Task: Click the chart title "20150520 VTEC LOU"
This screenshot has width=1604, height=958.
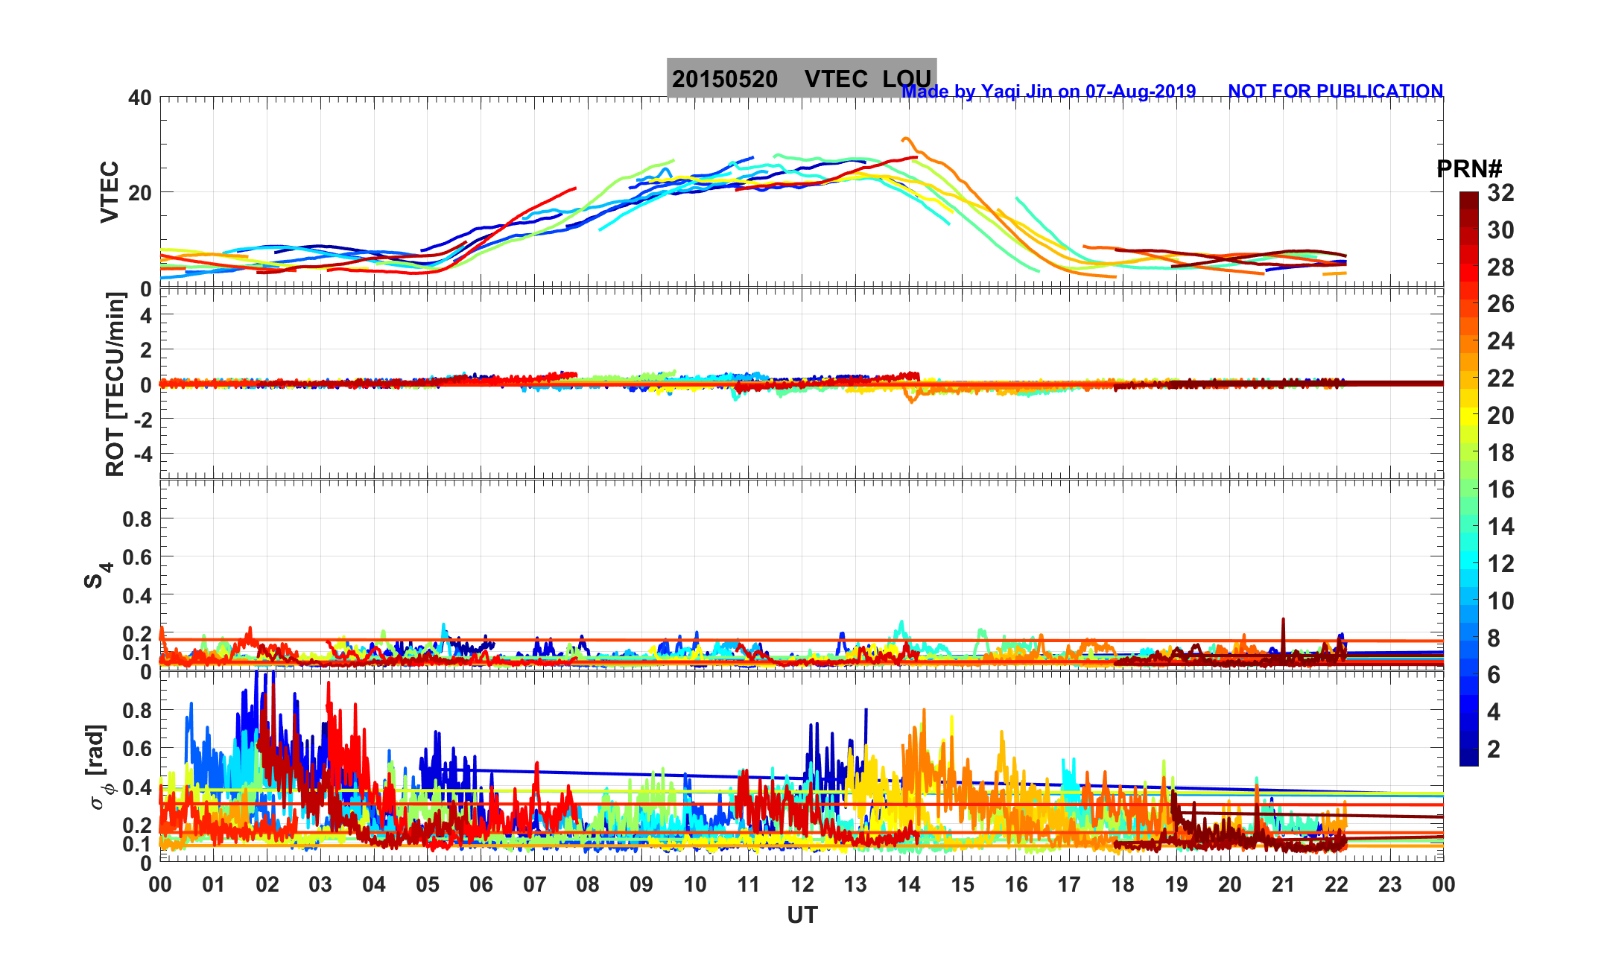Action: click(x=801, y=78)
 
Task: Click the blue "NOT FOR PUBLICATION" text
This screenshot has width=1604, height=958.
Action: click(x=1335, y=91)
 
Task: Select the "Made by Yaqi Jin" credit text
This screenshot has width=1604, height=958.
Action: click(x=1048, y=92)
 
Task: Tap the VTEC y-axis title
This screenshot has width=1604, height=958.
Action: click(x=110, y=191)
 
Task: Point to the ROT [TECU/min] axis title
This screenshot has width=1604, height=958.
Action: click(x=115, y=384)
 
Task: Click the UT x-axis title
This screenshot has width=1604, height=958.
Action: click(x=802, y=915)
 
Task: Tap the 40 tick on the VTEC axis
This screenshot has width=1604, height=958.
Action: click(x=139, y=98)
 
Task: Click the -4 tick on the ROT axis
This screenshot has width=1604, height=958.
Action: click(x=142, y=453)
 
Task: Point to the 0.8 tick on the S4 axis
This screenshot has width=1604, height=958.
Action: click(x=137, y=518)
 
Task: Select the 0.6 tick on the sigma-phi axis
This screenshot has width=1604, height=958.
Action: click(x=137, y=749)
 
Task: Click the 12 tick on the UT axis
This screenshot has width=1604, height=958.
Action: click(x=802, y=885)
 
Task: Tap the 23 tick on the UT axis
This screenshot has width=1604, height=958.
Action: click(x=1389, y=885)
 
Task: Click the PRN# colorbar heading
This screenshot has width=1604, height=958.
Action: click(x=1468, y=169)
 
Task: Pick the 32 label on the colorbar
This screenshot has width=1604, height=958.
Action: click(x=1500, y=193)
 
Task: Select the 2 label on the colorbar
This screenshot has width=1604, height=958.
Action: click(x=1493, y=749)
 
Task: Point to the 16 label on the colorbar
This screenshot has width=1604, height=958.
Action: click(x=1500, y=489)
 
